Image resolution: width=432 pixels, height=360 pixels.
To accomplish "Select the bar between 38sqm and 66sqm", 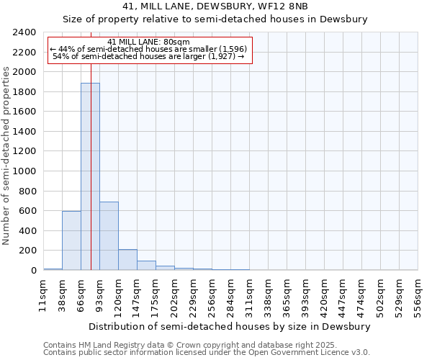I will pos(71,240).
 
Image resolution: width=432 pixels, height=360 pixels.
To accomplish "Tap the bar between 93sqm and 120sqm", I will pos(109,236).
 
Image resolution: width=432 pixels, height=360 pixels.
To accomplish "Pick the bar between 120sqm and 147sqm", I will pos(127,260).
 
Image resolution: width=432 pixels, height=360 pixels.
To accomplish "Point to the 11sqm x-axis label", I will pos(43,297).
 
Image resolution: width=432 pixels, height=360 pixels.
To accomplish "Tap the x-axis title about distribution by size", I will pos(230,326).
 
